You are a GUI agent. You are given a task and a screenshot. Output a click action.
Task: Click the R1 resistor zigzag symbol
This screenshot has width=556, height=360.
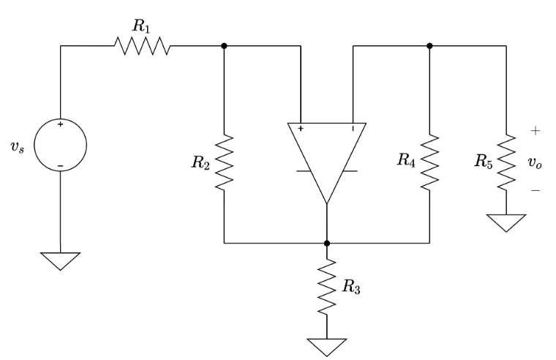tap(142, 46)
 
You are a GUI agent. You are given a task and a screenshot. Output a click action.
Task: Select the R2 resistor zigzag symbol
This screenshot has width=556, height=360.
tap(225, 162)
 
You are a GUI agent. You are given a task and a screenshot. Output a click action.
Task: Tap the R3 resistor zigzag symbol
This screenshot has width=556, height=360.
tap(327, 287)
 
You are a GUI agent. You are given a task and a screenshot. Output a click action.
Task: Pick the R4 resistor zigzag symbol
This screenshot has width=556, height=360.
tap(429, 162)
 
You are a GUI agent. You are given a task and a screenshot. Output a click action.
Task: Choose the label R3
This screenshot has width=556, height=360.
tap(351, 288)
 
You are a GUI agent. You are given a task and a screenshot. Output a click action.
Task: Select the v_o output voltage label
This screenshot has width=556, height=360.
tap(536, 163)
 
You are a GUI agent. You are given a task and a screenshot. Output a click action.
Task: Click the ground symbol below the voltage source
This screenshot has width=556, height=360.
tap(61, 260)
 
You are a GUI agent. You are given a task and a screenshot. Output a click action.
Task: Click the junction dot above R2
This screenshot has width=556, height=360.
tap(225, 46)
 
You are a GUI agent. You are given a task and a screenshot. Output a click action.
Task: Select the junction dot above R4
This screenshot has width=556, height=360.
tap(429, 46)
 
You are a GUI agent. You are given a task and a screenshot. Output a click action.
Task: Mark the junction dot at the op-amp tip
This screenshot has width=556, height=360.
tap(327, 242)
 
